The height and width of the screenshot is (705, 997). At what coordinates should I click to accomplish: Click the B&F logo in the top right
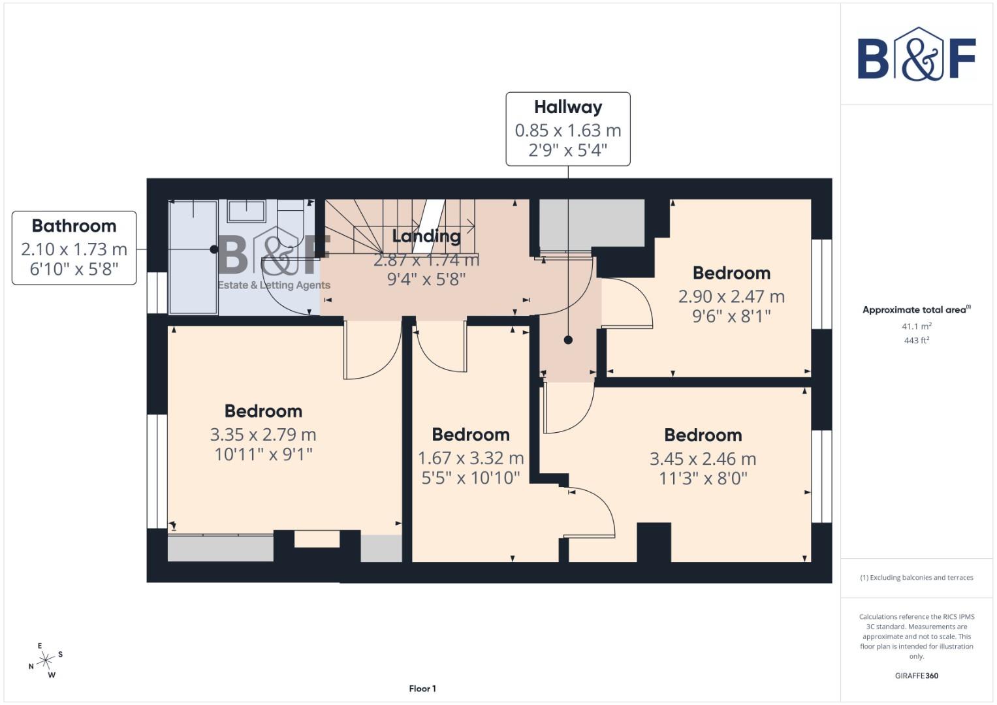(916, 54)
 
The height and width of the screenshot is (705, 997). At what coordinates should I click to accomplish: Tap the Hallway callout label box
(567, 129)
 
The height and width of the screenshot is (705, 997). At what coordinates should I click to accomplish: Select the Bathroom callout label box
(74, 248)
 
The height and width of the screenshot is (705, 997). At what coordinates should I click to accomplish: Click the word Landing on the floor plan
(426, 236)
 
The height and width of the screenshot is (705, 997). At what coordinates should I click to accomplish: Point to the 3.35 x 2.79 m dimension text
(263, 435)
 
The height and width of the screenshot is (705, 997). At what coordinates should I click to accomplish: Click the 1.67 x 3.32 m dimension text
(471, 458)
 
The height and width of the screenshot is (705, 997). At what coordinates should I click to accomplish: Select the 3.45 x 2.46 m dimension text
(703, 459)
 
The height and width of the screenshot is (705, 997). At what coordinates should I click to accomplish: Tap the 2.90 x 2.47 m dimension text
(731, 296)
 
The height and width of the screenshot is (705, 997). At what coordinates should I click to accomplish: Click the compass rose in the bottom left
(46, 661)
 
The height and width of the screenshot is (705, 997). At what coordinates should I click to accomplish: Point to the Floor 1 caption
(422, 689)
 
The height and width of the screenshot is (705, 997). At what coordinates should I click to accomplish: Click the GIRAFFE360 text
(916, 676)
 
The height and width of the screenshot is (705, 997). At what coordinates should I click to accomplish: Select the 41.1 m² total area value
(916, 326)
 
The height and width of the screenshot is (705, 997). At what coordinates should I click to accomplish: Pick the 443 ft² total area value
(916, 340)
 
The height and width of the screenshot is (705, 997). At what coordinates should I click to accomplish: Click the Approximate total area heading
(916, 309)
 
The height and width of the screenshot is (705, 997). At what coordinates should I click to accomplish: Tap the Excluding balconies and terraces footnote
(916, 578)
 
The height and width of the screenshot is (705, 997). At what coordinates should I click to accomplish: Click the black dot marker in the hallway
(568, 340)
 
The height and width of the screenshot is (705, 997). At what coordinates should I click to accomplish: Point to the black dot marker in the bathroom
(214, 249)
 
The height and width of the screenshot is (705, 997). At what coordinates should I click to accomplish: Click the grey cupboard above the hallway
(592, 223)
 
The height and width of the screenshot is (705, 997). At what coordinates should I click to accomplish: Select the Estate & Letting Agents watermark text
(274, 285)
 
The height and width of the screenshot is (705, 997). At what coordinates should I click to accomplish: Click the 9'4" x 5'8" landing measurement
(426, 279)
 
